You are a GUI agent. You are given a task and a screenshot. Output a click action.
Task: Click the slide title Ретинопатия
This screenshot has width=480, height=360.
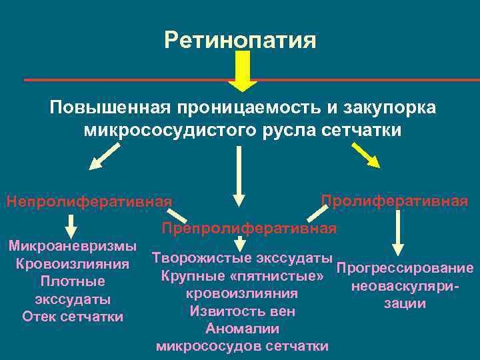pyautogui.click(x=240, y=41)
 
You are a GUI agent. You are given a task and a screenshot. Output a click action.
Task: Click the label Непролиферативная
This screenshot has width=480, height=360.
pyautogui.click(x=89, y=201)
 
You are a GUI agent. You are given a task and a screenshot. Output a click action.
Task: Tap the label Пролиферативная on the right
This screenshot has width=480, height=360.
pyautogui.click(x=394, y=201)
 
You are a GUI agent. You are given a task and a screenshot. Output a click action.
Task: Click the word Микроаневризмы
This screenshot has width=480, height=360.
pyautogui.click(x=73, y=246)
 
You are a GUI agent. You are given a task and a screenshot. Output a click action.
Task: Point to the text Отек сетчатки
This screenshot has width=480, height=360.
pyautogui.click(x=73, y=316)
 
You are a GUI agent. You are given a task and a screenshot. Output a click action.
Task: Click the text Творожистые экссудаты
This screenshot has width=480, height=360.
pyautogui.click(x=242, y=258)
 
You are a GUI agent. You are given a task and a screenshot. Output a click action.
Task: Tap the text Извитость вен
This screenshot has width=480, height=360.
pyautogui.click(x=242, y=311)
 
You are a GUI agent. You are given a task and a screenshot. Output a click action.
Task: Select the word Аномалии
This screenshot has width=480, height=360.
pyautogui.click(x=242, y=329)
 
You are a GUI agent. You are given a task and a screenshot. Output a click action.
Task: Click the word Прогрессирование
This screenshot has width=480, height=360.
pyautogui.click(x=405, y=269)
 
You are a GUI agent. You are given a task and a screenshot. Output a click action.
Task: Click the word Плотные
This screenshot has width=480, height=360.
pyautogui.click(x=73, y=281)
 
